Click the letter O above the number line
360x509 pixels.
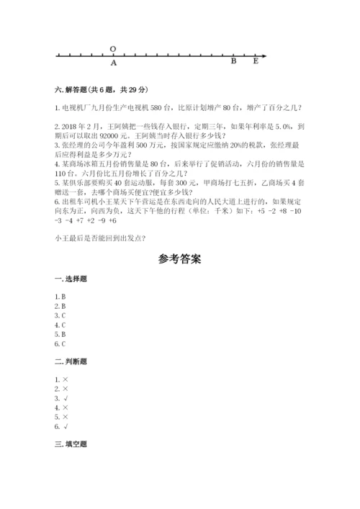[113, 48]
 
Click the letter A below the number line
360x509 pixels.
[113, 63]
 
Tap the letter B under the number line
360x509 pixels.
[233, 62]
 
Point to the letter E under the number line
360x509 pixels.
[256, 62]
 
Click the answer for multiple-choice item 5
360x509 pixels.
[63, 334]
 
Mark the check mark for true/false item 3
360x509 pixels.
[65, 398]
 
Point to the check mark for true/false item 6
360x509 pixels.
[65, 427]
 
